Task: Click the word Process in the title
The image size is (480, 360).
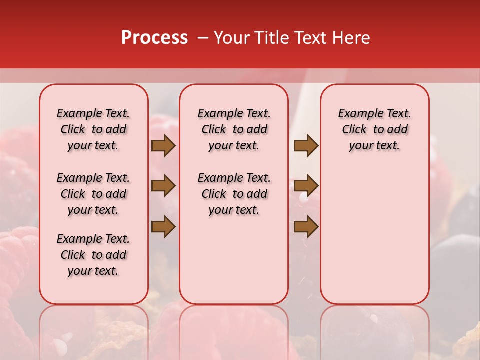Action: (154, 38)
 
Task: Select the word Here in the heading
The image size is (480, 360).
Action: (351, 38)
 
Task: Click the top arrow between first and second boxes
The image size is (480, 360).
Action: (163, 146)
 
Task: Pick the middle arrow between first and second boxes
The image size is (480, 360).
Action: (163, 186)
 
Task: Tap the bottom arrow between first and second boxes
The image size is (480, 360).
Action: (163, 227)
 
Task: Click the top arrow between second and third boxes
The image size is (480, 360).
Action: (306, 146)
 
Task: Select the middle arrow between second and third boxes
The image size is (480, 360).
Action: (306, 186)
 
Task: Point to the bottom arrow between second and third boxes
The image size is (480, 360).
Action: (306, 227)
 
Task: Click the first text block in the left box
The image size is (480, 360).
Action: (93, 129)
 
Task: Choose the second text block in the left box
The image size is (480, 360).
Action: (93, 194)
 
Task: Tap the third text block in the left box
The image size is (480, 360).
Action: (93, 255)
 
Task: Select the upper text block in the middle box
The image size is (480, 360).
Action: (234, 129)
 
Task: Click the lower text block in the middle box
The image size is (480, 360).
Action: (234, 194)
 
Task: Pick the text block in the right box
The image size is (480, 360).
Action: (375, 129)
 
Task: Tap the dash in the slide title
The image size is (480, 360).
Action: (203, 38)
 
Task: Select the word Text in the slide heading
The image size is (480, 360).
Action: (311, 38)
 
